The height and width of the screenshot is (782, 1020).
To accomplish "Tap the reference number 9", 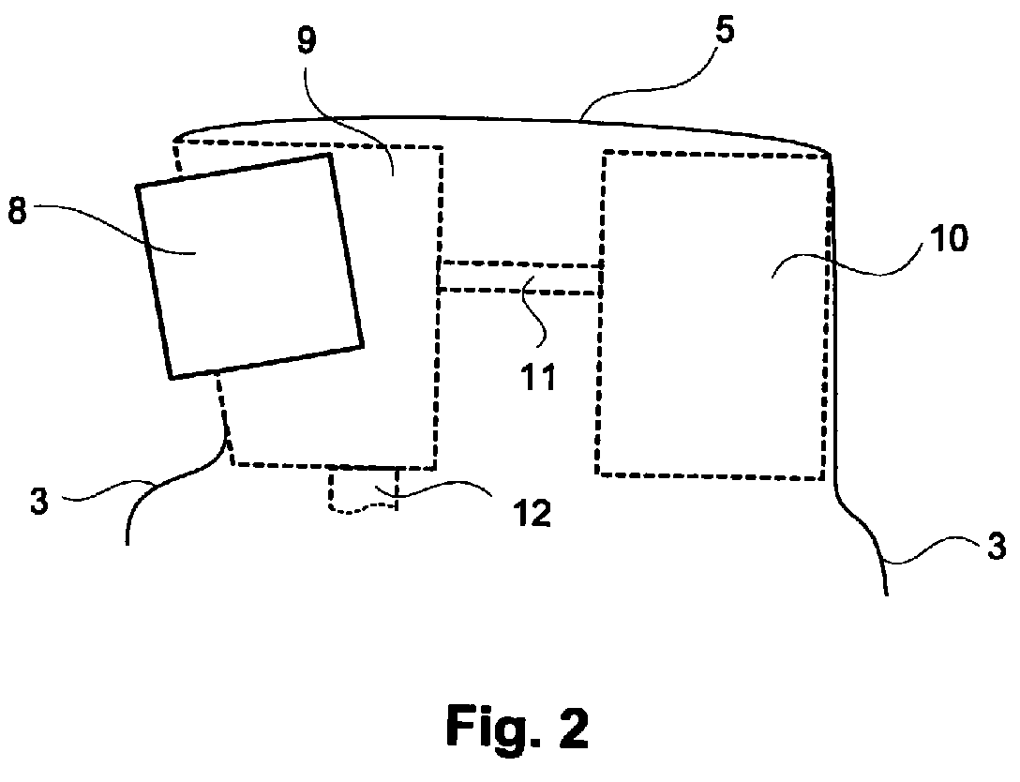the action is click(307, 40).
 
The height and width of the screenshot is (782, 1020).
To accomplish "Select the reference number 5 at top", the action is click(724, 30).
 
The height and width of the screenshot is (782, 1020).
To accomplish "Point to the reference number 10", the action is click(949, 238).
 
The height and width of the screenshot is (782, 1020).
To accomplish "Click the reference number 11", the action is click(539, 377).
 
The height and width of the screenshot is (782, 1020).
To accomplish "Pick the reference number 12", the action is click(532, 514).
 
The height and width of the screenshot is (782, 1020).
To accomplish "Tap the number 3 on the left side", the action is click(39, 502).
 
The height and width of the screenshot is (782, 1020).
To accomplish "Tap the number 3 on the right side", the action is click(997, 546).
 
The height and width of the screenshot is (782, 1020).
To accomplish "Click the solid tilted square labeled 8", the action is click(249, 266).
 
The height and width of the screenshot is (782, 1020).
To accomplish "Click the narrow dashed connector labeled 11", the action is click(519, 278).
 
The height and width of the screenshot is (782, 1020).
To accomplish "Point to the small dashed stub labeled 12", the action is click(363, 489).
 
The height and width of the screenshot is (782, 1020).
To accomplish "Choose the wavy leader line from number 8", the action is click(114, 231).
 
